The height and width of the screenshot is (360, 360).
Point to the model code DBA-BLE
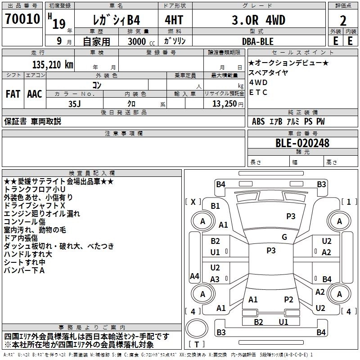[257, 41]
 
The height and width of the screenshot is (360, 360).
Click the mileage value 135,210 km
[53, 64]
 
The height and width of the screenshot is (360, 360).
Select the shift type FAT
[13, 94]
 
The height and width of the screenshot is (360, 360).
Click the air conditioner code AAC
[35, 94]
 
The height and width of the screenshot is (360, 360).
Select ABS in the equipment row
[258, 121]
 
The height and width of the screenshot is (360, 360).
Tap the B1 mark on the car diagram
[215, 206]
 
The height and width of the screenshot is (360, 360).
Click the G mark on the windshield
[284, 237]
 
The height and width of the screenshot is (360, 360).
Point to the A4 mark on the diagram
[194, 276]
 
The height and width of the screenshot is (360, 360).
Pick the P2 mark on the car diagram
[288, 299]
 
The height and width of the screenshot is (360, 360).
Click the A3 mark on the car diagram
[215, 279]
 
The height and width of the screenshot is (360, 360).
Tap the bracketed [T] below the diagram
[197, 344]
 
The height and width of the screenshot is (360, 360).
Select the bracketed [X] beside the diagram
[193, 202]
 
